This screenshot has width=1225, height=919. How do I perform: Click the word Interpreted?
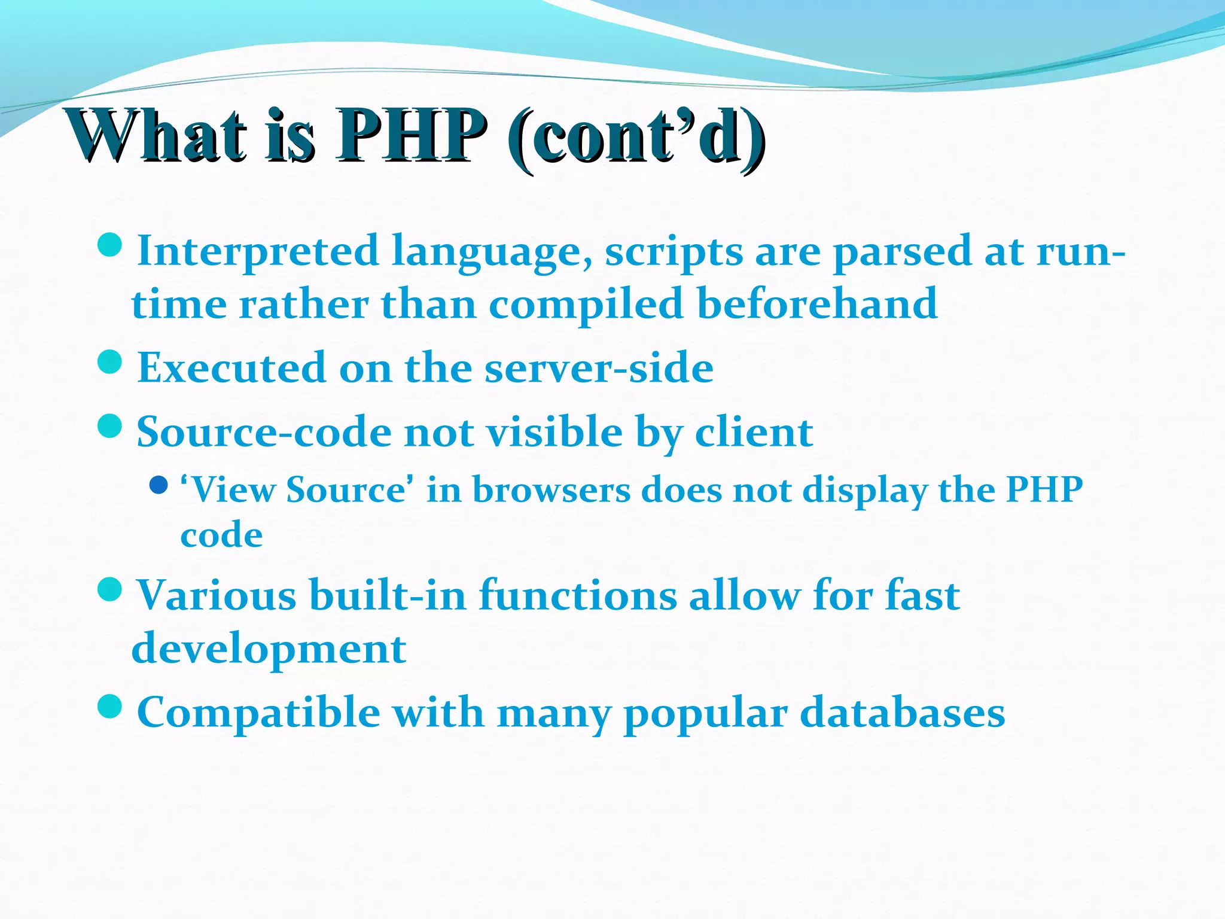pyautogui.click(x=258, y=251)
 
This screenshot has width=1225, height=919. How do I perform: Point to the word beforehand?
pyautogui.click(x=817, y=304)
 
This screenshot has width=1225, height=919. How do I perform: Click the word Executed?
pyautogui.click(x=231, y=367)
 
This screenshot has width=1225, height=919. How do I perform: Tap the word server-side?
pyautogui.click(x=599, y=367)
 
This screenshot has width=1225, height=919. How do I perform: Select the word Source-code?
pyautogui.click(x=263, y=432)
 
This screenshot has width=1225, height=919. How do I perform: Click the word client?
pyautogui.click(x=754, y=432)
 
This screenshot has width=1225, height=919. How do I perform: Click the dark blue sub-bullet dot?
pyautogui.click(x=159, y=485)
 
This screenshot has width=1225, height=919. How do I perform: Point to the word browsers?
pyautogui.click(x=551, y=490)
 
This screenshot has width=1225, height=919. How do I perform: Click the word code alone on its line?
pyautogui.click(x=221, y=534)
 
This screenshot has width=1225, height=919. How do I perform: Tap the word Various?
pyautogui.click(x=216, y=596)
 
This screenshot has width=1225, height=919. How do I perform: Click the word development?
pyautogui.click(x=269, y=650)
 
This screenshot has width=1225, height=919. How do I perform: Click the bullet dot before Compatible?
pyautogui.click(x=109, y=707)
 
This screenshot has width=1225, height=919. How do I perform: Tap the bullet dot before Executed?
pyautogui.click(x=109, y=362)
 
